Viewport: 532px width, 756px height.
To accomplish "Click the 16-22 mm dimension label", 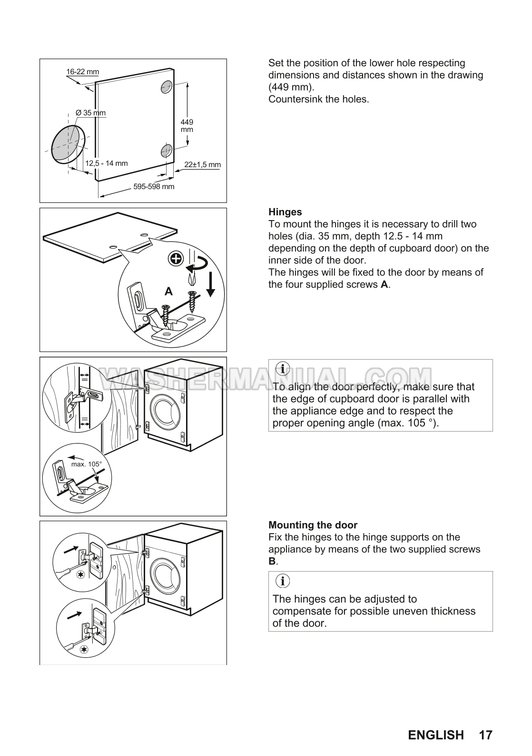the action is [x=83, y=71].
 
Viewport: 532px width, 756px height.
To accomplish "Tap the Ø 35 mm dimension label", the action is [x=90, y=113].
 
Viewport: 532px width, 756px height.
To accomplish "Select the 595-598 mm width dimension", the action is [x=154, y=186].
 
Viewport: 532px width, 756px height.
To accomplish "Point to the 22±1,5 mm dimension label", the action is [x=202, y=165].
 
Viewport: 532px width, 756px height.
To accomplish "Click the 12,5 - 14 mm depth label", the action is [x=107, y=163].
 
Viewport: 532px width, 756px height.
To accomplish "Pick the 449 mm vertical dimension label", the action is [x=187, y=126].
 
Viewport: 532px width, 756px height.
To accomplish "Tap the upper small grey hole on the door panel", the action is [x=167, y=87].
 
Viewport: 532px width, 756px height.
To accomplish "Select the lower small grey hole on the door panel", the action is [x=166, y=150].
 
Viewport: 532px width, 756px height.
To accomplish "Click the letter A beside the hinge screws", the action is [x=168, y=291].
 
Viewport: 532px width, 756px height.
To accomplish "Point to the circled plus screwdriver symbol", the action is [x=176, y=259].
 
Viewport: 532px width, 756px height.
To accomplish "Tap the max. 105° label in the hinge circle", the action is [x=86, y=464].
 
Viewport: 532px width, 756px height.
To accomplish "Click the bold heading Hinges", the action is [x=285, y=212].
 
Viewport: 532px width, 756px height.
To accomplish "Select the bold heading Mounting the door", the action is [x=313, y=525].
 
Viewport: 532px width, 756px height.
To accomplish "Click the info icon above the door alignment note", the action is [x=283, y=369].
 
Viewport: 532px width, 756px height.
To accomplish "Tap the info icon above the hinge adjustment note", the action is [x=283, y=581].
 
